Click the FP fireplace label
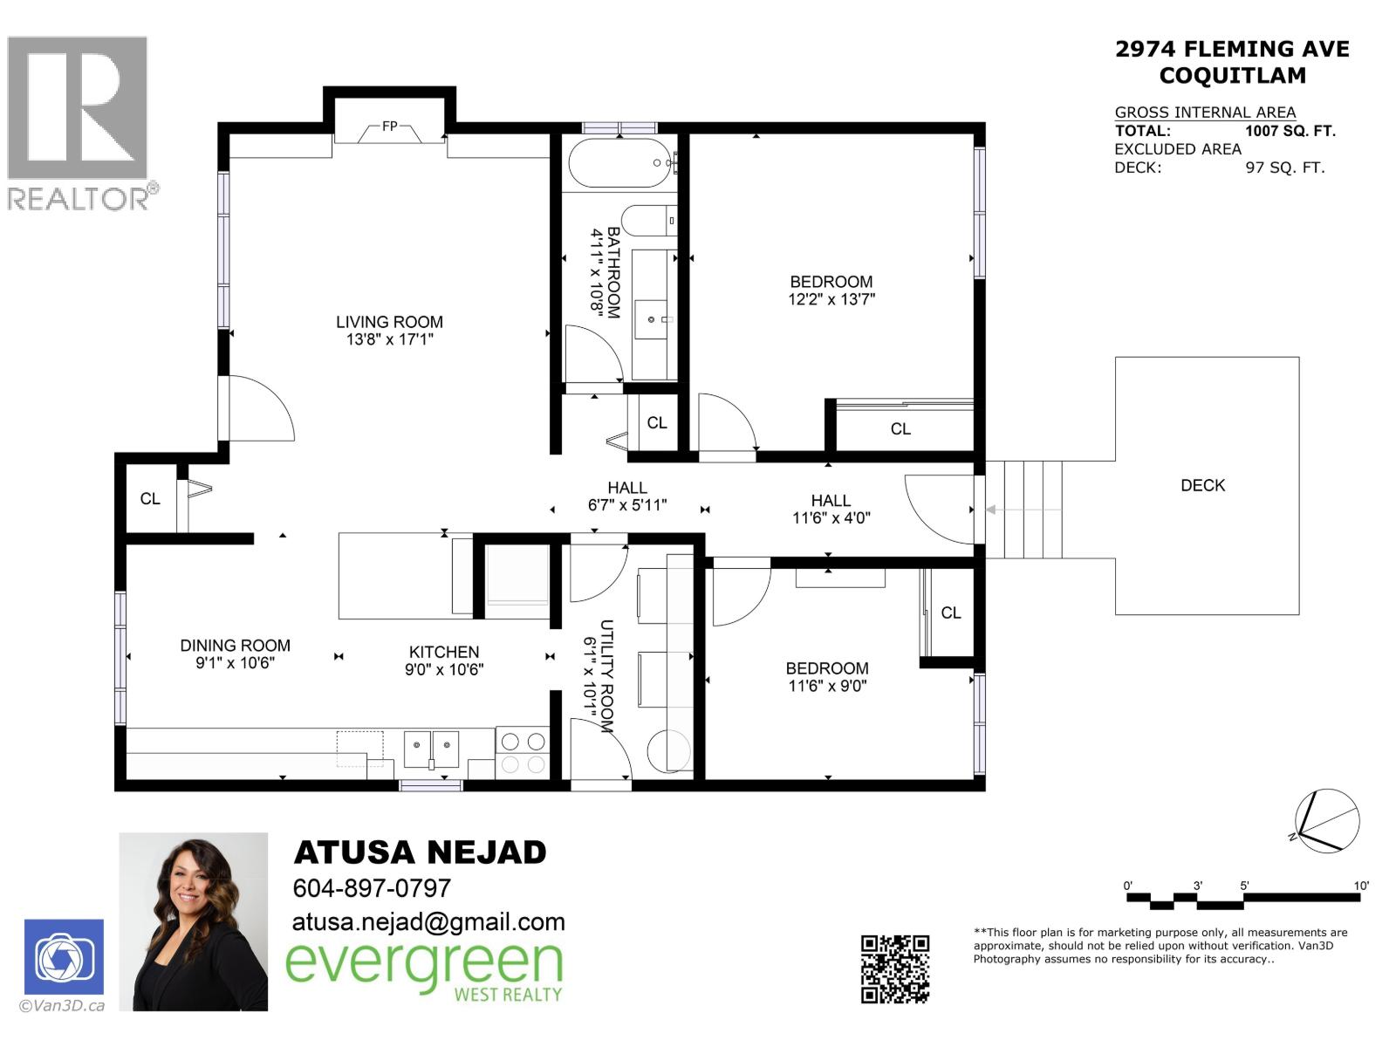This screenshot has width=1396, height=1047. pyautogui.click(x=389, y=127)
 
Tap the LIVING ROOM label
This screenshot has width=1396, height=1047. pyautogui.click(x=389, y=322)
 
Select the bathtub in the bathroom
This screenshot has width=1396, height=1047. pyautogui.click(x=619, y=163)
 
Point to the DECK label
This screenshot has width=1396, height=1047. pyautogui.click(x=1202, y=485)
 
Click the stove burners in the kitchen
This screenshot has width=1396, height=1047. pyautogui.click(x=522, y=753)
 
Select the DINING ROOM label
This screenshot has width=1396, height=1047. pyautogui.click(x=235, y=646)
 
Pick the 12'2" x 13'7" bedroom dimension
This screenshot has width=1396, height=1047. pyautogui.click(x=831, y=299)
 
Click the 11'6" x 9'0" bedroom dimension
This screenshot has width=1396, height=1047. pyautogui.click(x=827, y=686)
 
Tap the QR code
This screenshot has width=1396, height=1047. pyautogui.click(x=895, y=968)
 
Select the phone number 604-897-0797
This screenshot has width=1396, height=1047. pyautogui.click(x=372, y=888)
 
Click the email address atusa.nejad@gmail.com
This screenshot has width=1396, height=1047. pyautogui.click(x=428, y=922)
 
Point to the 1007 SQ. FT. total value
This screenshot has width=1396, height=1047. pyautogui.click(x=1290, y=131)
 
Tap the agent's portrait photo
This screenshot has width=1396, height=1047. pyautogui.click(x=193, y=921)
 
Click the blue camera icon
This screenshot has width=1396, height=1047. pyautogui.click(x=64, y=958)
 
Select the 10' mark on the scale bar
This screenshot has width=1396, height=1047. pyautogui.click(x=1360, y=886)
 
